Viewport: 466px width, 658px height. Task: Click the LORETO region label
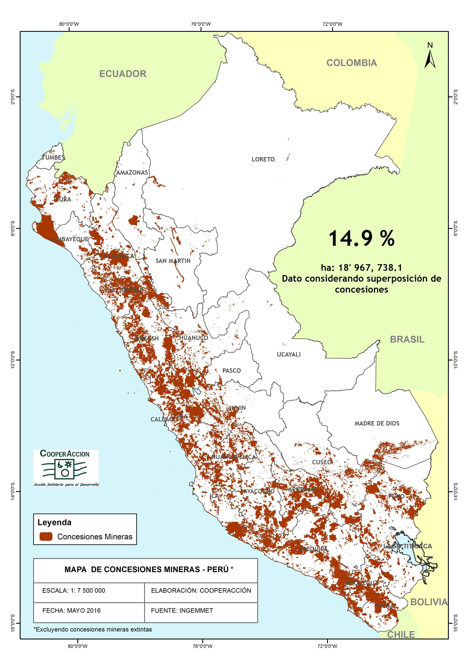coord(263,160)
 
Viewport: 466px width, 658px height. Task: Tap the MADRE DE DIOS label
coord(377,423)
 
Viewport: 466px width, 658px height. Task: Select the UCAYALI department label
coord(289,355)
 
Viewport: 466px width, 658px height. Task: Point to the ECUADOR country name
coord(123,74)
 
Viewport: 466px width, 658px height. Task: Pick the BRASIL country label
coord(407,339)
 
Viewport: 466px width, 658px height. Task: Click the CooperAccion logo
coord(66,468)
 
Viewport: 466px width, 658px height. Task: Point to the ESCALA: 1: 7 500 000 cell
coord(74,590)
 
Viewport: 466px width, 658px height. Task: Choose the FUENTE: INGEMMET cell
coord(182,610)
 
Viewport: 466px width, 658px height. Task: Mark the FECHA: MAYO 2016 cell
coord(71,610)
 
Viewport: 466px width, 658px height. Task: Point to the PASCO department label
coord(231,371)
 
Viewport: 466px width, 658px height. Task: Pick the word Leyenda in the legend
coord(54,522)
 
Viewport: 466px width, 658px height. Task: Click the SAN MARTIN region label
coord(173,261)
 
